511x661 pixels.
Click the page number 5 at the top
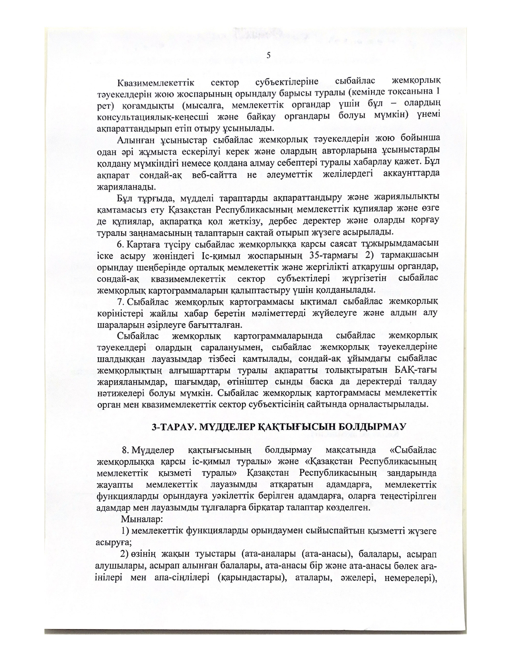pyautogui.click(x=269, y=55)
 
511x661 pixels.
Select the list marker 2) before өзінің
pyautogui.click(x=124, y=555)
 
